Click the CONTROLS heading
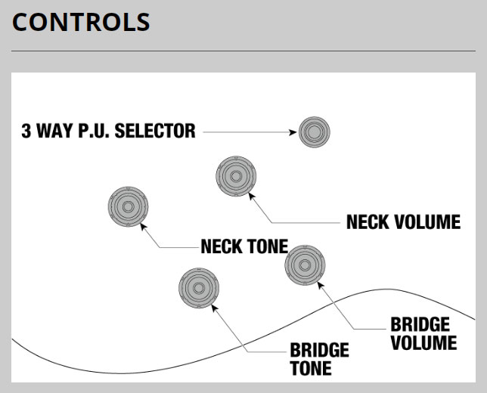[x=81, y=22]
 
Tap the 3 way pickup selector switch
[x=313, y=132]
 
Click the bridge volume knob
[x=306, y=265]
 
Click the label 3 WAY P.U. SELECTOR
[x=109, y=132]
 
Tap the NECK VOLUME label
[x=403, y=221]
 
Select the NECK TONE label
[x=244, y=246]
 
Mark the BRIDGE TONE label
[x=319, y=359]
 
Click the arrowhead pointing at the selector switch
[x=293, y=132]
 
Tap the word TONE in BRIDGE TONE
[x=310, y=368]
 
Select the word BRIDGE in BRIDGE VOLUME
[x=420, y=325]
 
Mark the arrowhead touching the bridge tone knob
[x=215, y=306]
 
